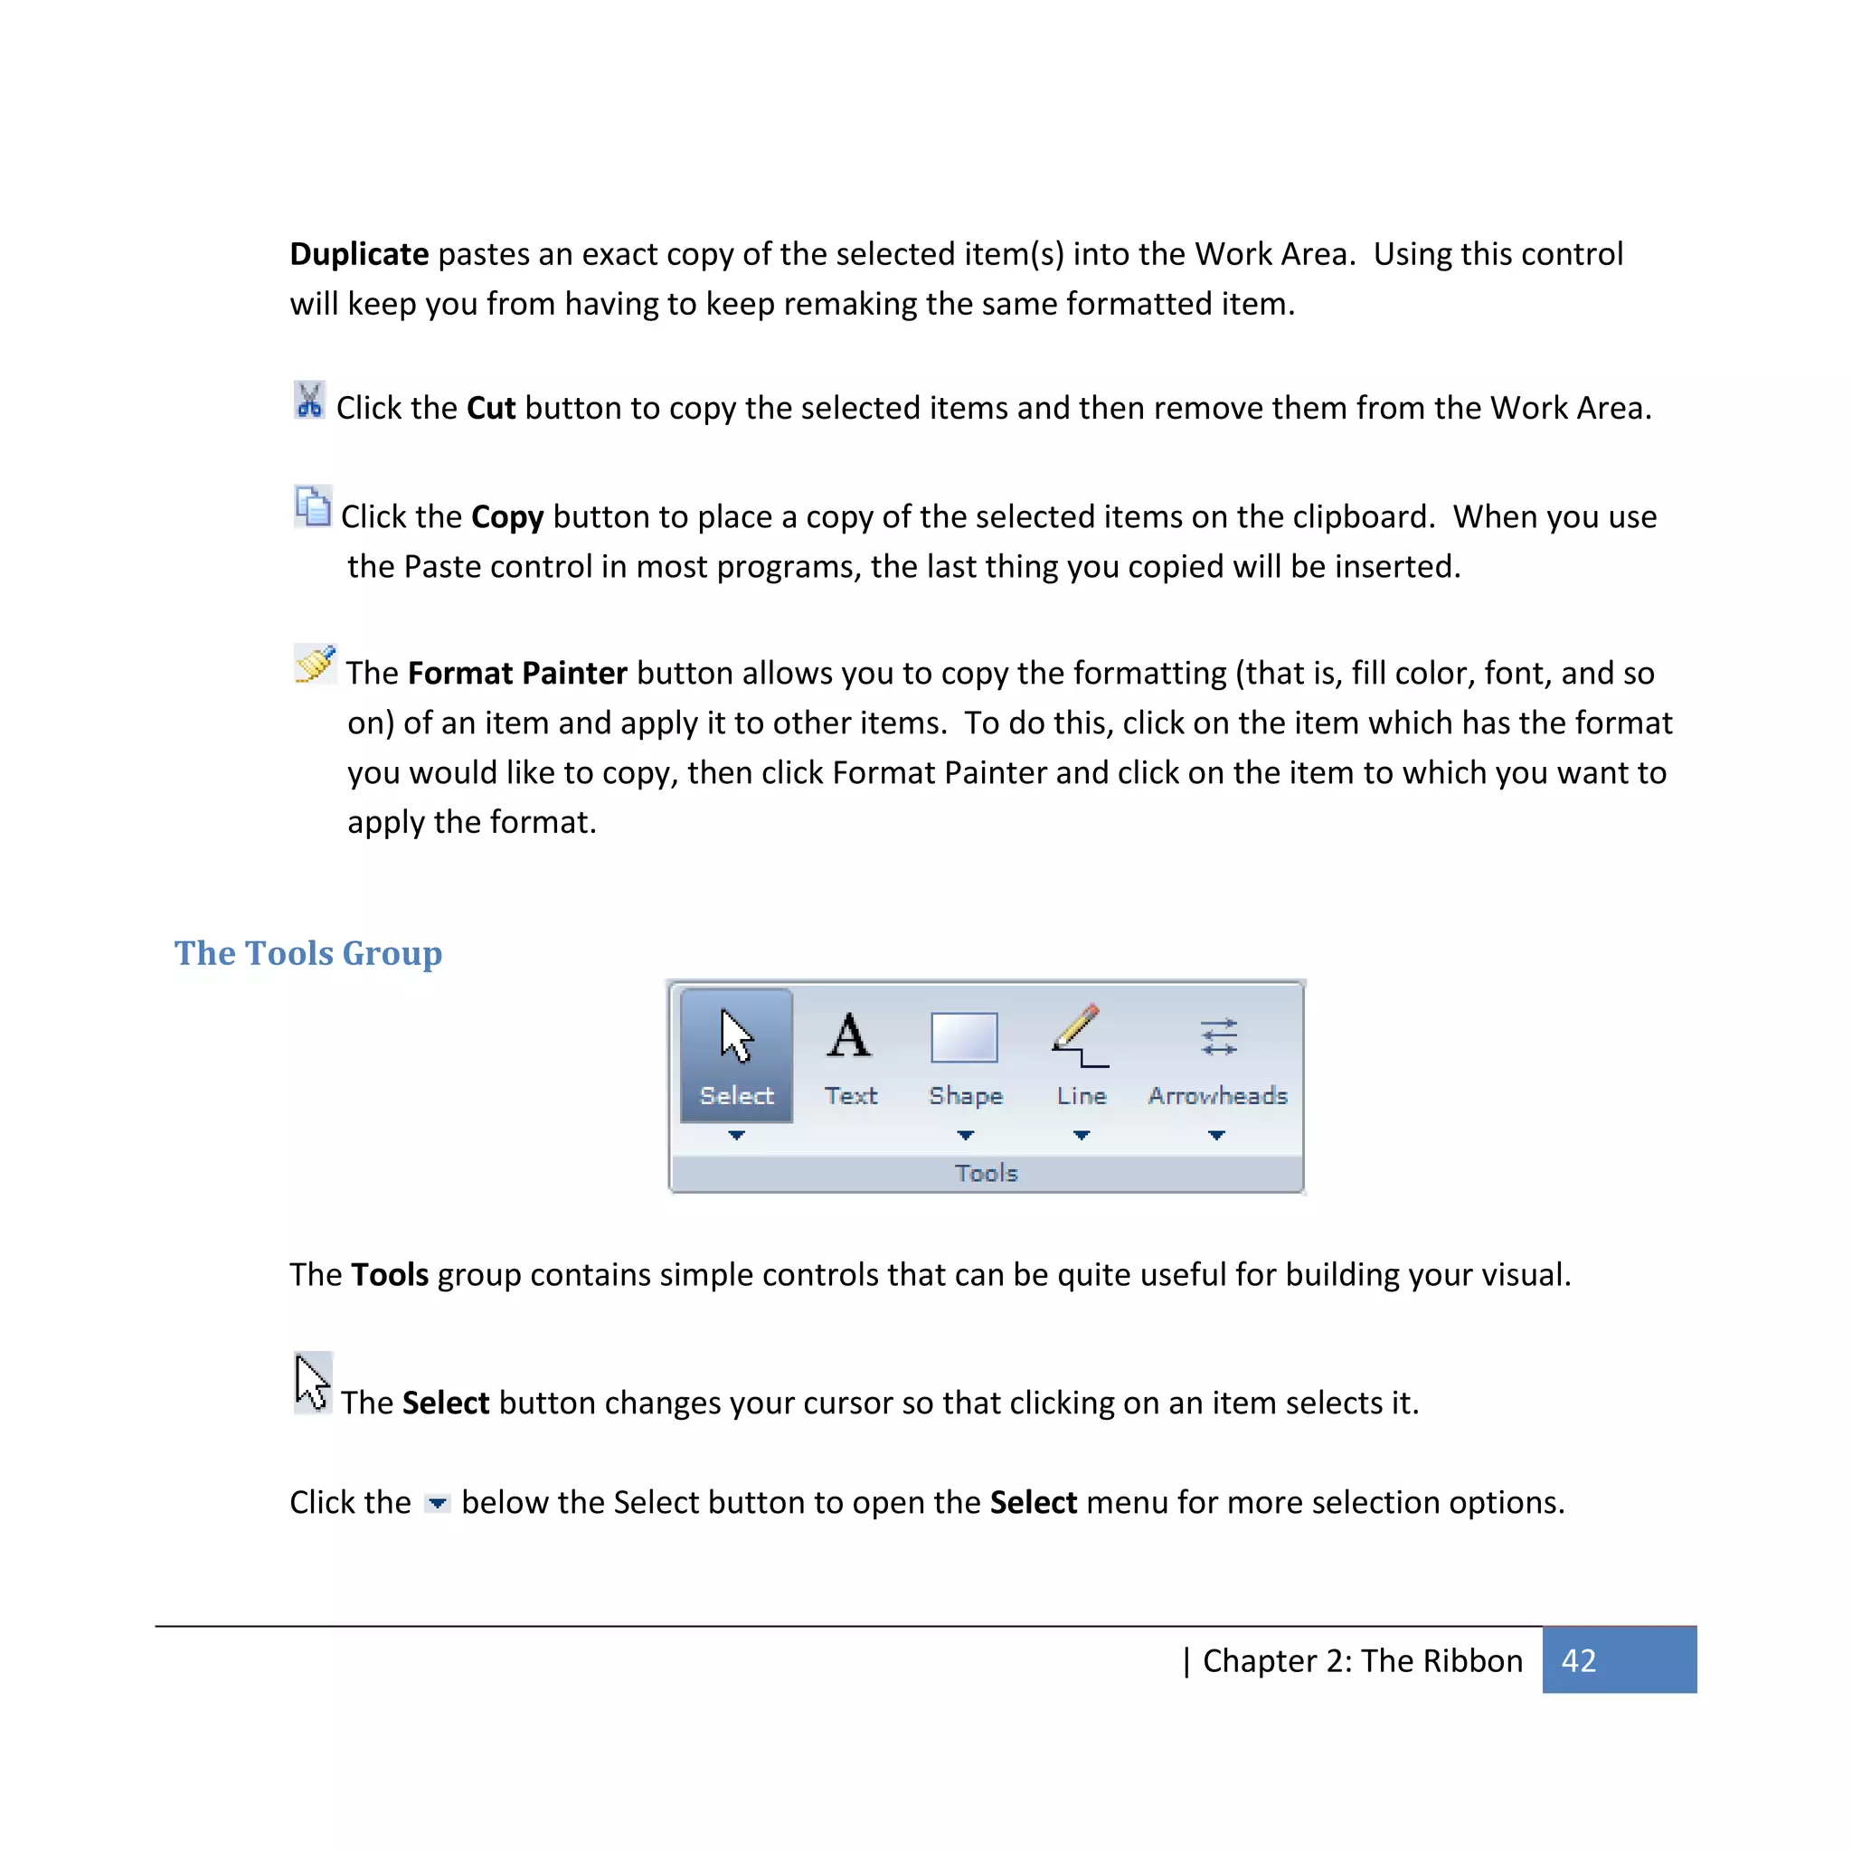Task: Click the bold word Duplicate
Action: coord(358,254)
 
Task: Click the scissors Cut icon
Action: coord(308,401)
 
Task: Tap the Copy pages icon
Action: coord(313,506)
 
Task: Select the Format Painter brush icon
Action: coord(315,664)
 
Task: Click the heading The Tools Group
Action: coord(307,953)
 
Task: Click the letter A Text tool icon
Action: coord(849,1036)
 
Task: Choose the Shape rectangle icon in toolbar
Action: coord(964,1037)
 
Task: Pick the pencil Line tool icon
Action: coord(1080,1036)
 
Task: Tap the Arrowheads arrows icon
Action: coord(1218,1036)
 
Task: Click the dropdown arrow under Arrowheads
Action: coord(1216,1135)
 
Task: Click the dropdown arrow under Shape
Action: coord(965,1135)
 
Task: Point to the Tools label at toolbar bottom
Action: coord(986,1173)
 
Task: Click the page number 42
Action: coord(1579,1660)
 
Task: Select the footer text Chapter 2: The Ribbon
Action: coord(1361,1660)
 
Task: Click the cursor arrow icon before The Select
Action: coord(312,1383)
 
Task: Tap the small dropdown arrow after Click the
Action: coord(437,1503)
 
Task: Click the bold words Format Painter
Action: coord(516,673)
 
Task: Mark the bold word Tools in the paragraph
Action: coord(389,1275)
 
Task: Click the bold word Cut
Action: coord(491,409)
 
